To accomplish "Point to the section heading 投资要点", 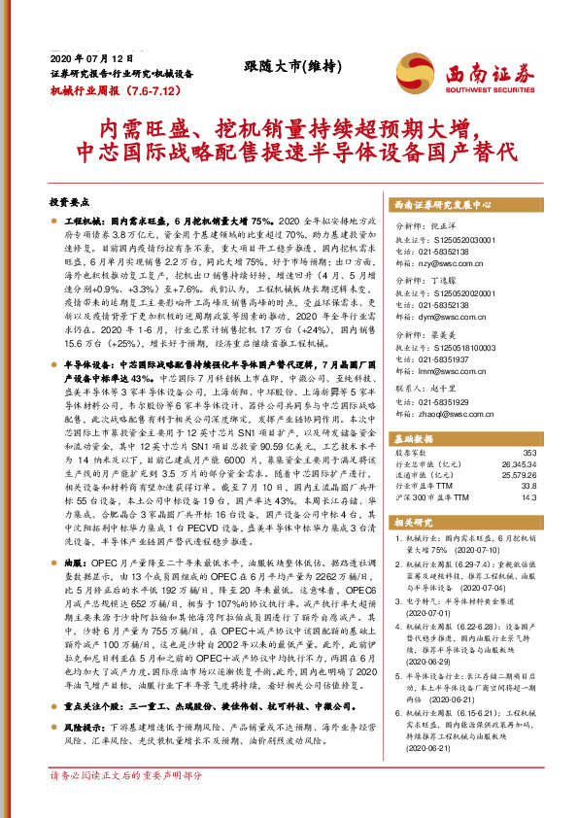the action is (69, 202).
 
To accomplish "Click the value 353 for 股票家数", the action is (528, 453).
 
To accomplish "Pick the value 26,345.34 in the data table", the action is (518, 463).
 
